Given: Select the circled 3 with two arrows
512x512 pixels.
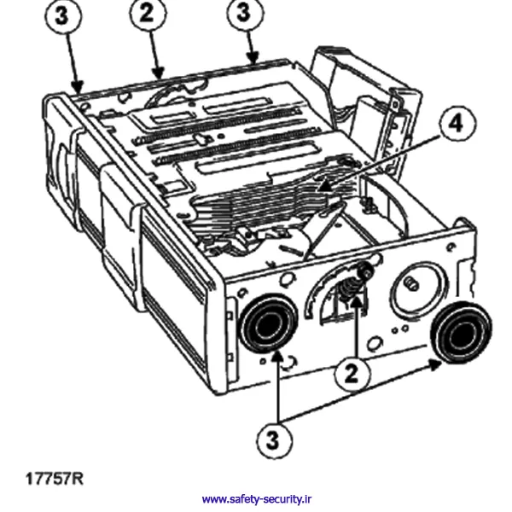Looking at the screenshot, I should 273,439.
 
